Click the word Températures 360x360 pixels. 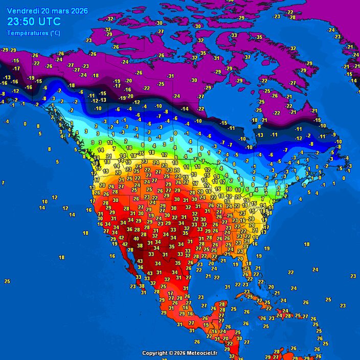pos(26,33)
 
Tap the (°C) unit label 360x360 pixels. pos(53,33)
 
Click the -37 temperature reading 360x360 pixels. pos(247,57)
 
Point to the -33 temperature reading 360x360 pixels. pos(234,35)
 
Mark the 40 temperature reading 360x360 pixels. pos(136,239)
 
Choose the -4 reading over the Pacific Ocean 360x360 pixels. pos(6,122)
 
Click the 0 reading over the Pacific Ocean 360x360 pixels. pos(25,124)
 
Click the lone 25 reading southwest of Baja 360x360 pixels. pos(7,281)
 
